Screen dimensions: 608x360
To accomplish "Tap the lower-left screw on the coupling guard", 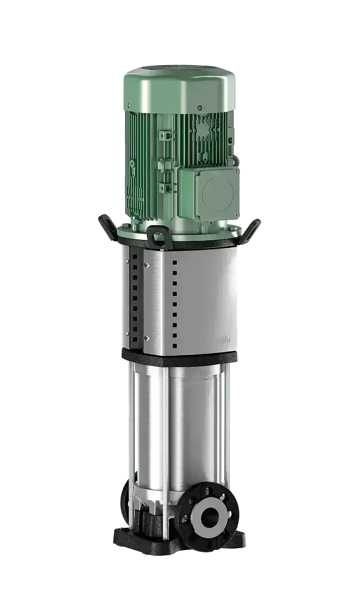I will pyautogui.click(x=147, y=338).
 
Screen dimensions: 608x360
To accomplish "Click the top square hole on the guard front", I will pyautogui.click(x=175, y=262).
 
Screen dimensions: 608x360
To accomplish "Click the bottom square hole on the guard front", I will pyautogui.click(x=175, y=346).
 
